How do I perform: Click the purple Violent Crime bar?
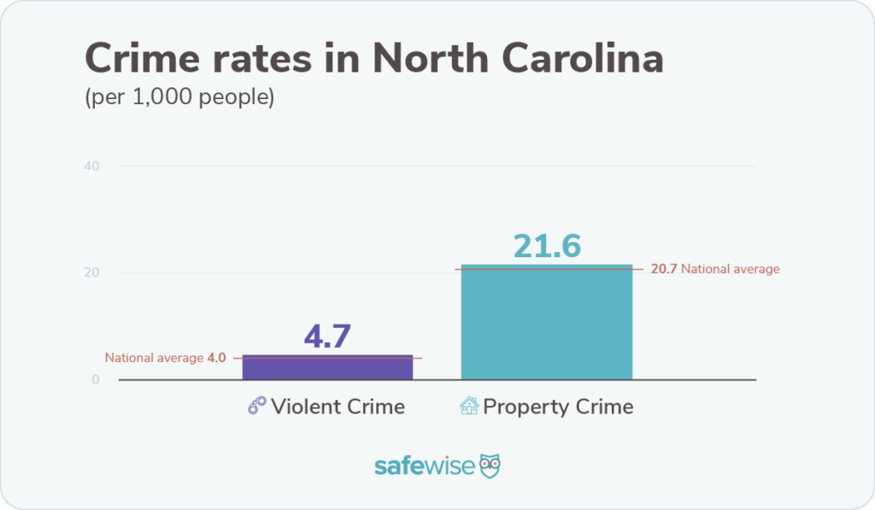327,367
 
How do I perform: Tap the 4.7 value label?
327,336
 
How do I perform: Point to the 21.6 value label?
547,245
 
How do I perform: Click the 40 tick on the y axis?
92,166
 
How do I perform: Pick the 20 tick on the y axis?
92,273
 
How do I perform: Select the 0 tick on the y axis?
96,380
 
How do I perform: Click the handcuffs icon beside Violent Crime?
256,406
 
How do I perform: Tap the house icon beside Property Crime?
469,406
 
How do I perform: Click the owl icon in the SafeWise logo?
490,466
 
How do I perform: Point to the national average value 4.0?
216,359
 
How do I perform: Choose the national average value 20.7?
663,269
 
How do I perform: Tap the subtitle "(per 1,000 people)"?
179,97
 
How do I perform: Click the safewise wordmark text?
423,466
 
